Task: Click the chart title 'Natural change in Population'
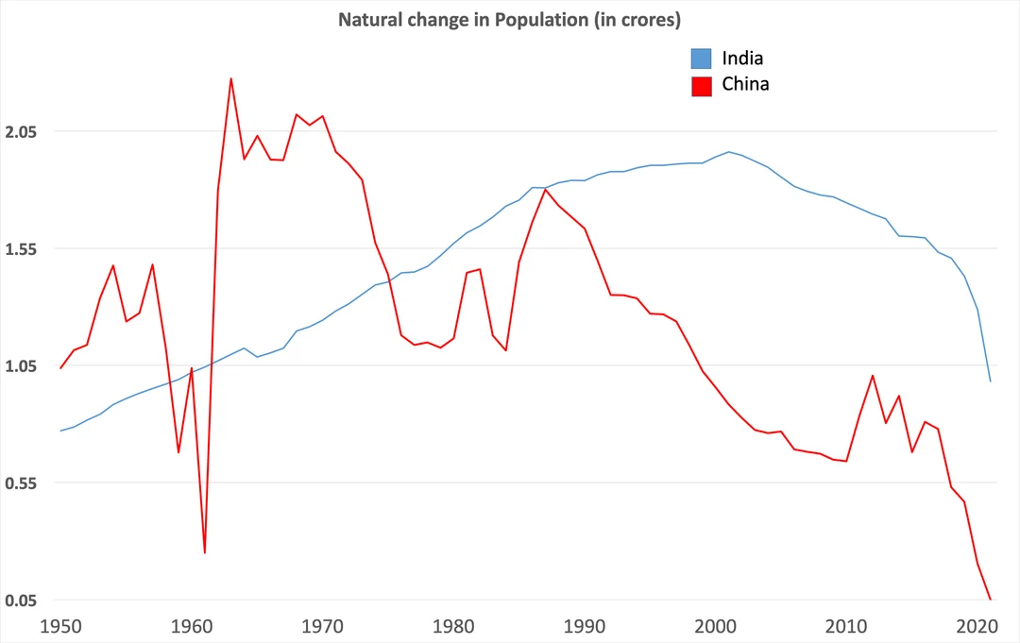click(510, 20)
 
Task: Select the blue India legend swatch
click(701, 59)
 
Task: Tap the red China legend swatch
click(701, 85)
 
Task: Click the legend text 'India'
click(742, 59)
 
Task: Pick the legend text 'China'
click(745, 84)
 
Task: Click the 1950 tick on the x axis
click(61, 625)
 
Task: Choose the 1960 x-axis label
click(193, 625)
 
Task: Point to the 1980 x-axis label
click(454, 625)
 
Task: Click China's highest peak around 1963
click(230, 78)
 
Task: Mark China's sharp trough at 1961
click(205, 552)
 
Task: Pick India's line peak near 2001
click(728, 151)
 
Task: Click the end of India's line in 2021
click(990, 381)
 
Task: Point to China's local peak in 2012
click(873, 376)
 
